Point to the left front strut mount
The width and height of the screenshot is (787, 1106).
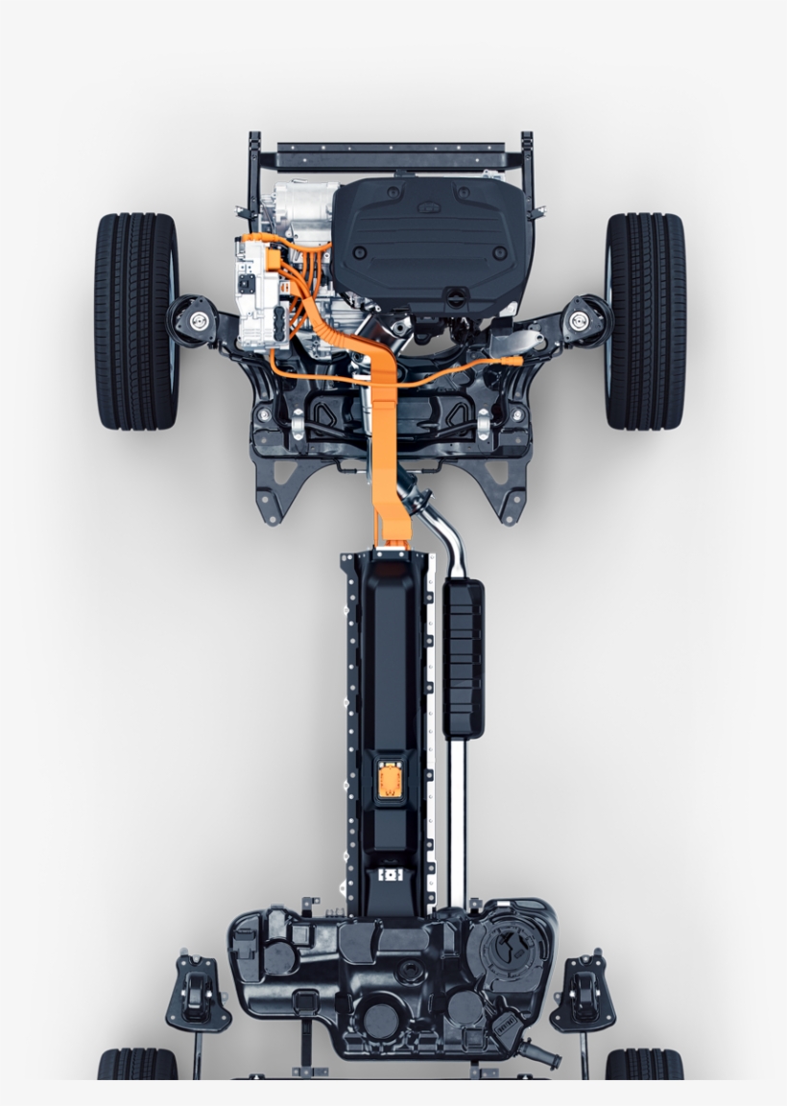200,318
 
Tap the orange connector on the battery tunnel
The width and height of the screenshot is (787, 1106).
390,778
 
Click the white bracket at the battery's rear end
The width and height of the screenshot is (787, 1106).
389,876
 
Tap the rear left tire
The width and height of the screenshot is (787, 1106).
137,1065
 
